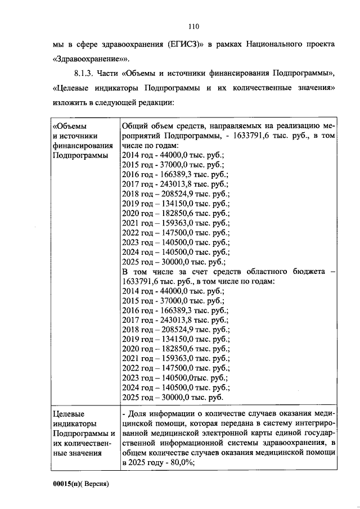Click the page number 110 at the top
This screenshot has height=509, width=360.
click(194, 26)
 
